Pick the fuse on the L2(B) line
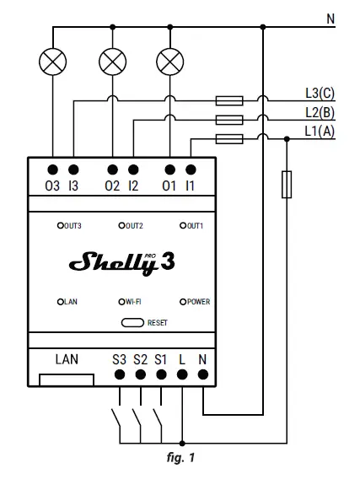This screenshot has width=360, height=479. pos(229,120)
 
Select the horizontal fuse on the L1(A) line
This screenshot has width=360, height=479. pos(229,139)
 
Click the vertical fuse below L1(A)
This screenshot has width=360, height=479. pos(287,184)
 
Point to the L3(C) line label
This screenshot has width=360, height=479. pos(320,93)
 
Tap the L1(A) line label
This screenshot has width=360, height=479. pos(320,131)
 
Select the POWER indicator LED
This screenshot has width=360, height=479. pos(182,301)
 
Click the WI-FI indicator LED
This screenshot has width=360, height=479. pos(121,301)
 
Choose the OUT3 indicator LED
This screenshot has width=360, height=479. pos(61,226)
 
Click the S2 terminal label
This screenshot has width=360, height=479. pos(140,359)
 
